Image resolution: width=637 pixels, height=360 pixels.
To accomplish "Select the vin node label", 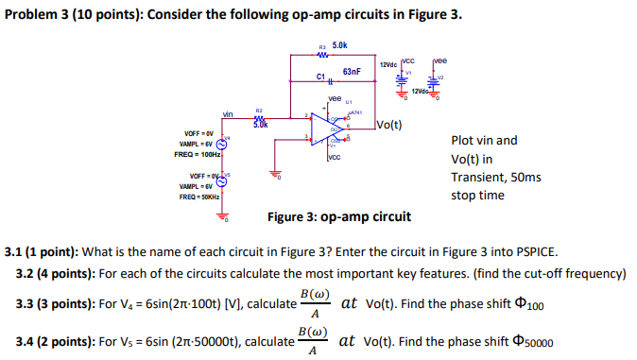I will tap(227, 114).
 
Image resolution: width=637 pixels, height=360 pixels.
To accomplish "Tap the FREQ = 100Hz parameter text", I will tap(198, 154).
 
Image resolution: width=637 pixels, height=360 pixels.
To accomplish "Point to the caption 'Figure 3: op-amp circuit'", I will tap(338, 216).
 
